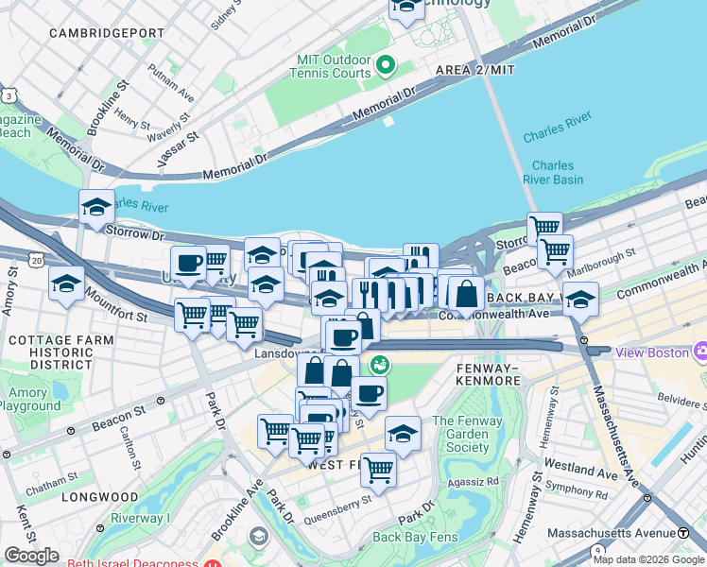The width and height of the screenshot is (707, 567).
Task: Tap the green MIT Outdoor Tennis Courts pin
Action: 385,65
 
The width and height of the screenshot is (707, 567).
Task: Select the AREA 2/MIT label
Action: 475,71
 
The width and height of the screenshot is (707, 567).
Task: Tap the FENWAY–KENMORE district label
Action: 488,373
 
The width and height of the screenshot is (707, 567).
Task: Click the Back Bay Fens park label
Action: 415,537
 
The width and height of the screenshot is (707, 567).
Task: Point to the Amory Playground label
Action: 30,399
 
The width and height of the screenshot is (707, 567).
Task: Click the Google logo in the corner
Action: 31,556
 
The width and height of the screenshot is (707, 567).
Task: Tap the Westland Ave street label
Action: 585,468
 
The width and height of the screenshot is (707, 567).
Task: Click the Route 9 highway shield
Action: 597,550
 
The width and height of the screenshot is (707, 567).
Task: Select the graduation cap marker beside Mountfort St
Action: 66,285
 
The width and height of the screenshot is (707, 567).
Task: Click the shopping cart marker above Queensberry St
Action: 378,468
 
